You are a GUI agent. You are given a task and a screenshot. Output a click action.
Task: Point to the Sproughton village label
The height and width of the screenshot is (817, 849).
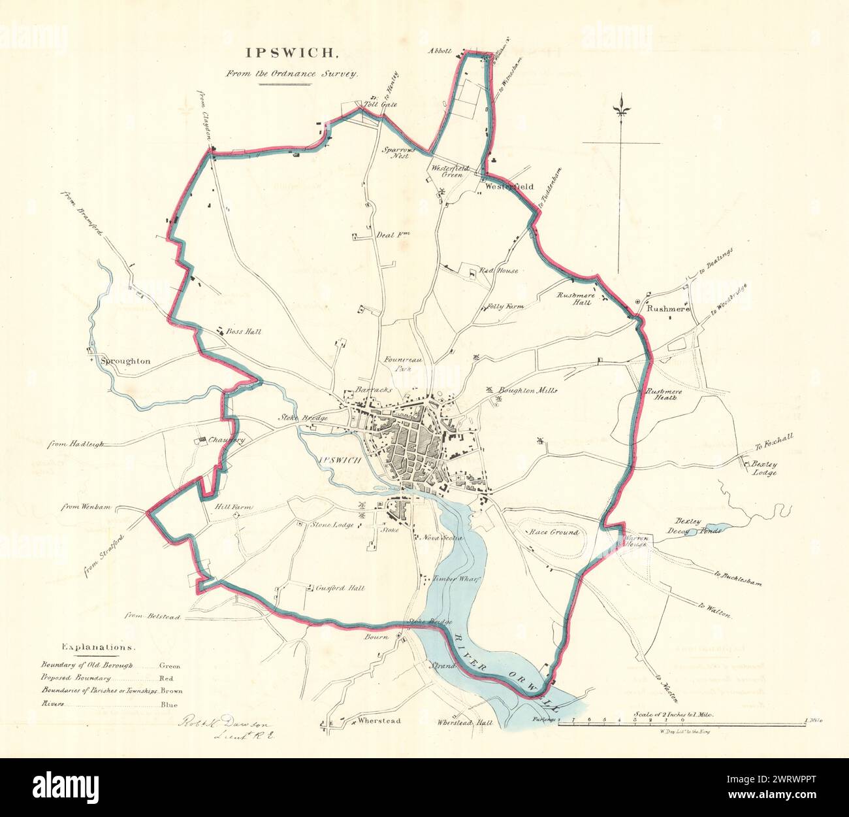(x=125, y=361)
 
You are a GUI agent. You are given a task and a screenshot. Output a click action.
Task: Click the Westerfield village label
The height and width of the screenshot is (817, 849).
(x=509, y=186)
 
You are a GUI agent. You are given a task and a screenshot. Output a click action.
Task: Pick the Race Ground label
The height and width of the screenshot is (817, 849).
(x=554, y=533)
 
